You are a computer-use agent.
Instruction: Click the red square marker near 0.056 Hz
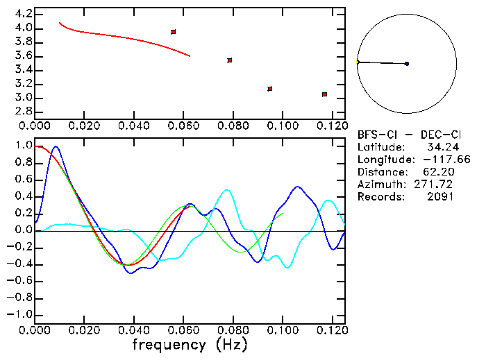[174, 32]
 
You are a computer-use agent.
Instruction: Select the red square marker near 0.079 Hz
[230, 60]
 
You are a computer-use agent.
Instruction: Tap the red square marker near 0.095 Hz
[270, 89]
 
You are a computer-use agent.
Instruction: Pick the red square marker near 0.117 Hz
[324, 94]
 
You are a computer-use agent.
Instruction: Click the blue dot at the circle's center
[407, 64]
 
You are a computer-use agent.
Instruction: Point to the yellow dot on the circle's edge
[358, 62]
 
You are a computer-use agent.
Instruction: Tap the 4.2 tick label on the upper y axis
[23, 14]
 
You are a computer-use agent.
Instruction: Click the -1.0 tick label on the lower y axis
[19, 314]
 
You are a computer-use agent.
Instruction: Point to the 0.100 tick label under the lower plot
[282, 330]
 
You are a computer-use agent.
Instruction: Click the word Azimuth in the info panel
[380, 185]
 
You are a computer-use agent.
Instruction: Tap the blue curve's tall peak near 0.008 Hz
[56, 147]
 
